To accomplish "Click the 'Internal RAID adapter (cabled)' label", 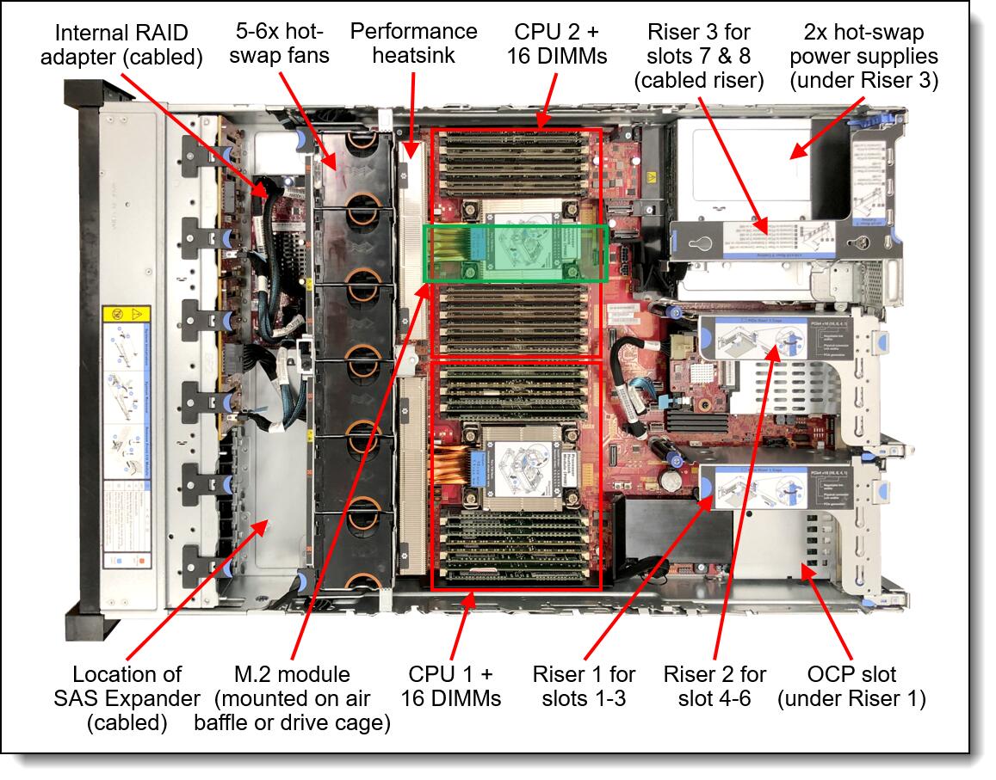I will (x=128, y=46).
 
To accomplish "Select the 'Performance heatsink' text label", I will (x=413, y=46).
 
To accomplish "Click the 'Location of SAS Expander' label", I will (x=127, y=697).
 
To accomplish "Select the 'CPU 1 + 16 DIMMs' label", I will (x=455, y=685).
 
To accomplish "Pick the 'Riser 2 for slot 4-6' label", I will (x=715, y=685).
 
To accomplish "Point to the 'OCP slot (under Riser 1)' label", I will (x=851, y=685).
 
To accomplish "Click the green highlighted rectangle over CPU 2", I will (x=517, y=253).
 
